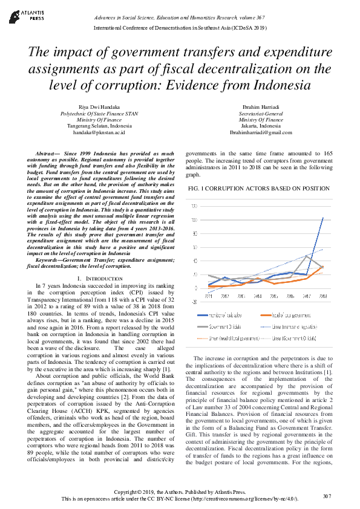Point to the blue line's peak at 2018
(323, 218)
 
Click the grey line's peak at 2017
(307, 256)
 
